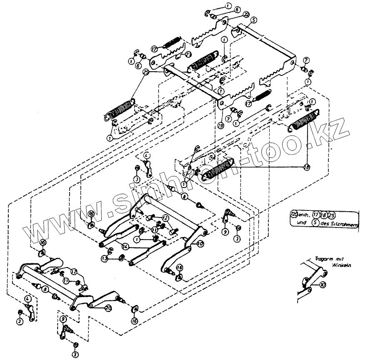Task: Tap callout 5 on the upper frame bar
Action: [x=254, y=20]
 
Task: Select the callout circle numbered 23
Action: [x=188, y=54]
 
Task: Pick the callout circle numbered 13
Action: [x=104, y=258]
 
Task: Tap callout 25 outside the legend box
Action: [x=146, y=72]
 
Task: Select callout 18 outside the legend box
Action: [x=307, y=167]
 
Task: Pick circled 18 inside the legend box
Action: [x=324, y=215]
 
